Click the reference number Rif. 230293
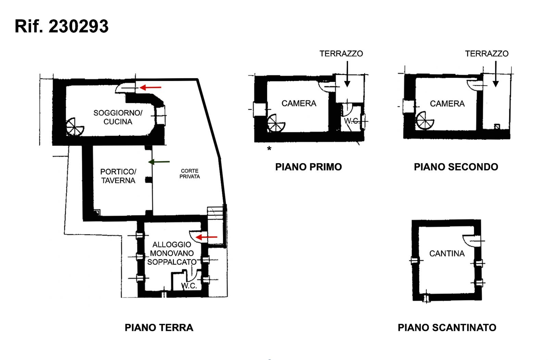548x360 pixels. click(61, 26)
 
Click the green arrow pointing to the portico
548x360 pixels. click(159, 162)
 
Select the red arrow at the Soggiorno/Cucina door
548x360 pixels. click(150, 87)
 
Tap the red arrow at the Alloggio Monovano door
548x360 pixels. click(206, 237)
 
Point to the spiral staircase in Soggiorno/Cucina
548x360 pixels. click(75, 127)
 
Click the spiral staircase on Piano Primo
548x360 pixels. click(276, 123)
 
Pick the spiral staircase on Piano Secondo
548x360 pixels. click(425, 120)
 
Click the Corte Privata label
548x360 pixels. click(190, 173)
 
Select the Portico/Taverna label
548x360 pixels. click(118, 176)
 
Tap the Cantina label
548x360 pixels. click(447, 253)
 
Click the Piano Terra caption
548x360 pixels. click(159, 327)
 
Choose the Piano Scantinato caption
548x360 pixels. click(447, 327)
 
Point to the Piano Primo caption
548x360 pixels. click(309, 167)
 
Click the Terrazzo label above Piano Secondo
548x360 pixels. click(487, 53)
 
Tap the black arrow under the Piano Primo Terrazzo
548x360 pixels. click(347, 74)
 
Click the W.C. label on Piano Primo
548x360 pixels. click(351, 121)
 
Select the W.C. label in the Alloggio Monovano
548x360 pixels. click(189, 286)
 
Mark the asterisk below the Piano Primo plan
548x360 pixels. click(269, 148)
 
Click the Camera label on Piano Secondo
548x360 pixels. click(447, 104)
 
